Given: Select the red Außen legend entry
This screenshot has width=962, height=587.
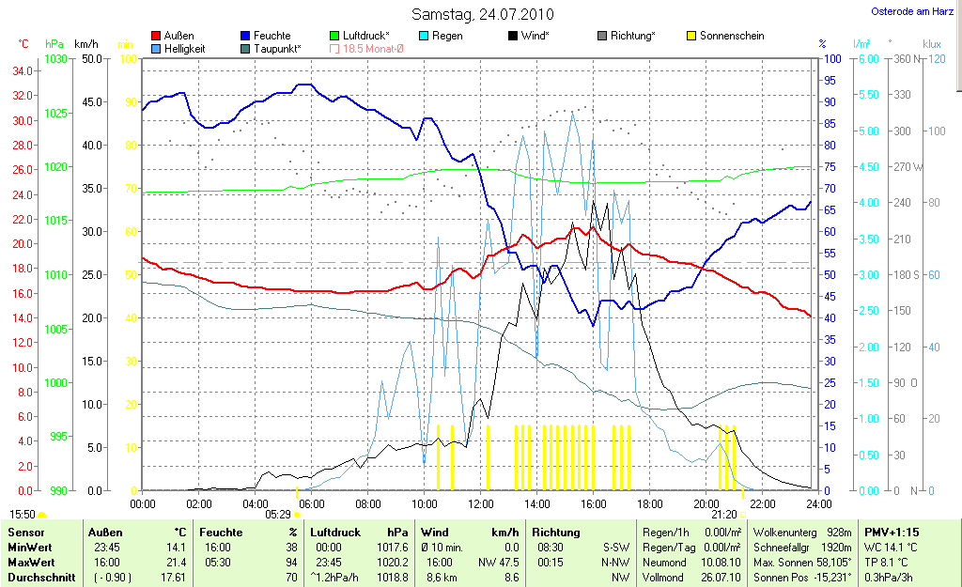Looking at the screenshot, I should pos(178,36).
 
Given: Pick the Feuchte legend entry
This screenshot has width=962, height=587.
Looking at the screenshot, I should pos(272,36).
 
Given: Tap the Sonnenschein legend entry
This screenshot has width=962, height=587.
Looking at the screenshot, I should pos(731,36).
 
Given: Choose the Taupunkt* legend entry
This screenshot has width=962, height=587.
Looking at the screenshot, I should pos(276,48).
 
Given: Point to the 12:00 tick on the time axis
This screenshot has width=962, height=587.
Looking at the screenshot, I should pos(480,503).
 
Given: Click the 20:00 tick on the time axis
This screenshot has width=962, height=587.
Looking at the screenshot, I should pos(706,503).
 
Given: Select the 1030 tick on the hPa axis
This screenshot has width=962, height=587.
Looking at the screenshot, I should pos(55,58).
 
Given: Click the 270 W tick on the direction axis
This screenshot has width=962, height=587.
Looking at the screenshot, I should pos(903,166).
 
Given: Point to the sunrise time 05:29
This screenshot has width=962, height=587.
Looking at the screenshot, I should pos(278,515).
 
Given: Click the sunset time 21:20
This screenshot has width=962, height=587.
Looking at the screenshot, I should pos(723,515).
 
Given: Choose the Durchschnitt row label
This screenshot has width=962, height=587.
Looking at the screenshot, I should pos(40,577).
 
